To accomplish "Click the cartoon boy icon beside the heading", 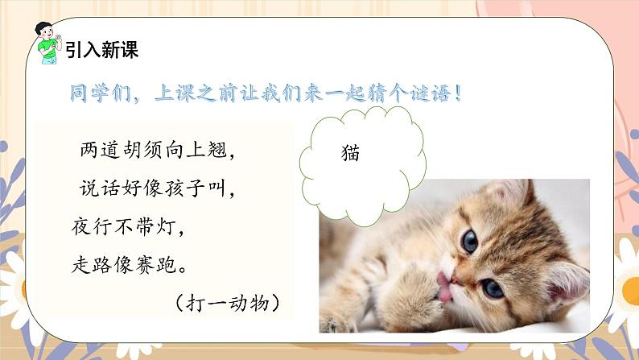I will [x=48, y=44].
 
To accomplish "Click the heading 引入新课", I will [x=101, y=49].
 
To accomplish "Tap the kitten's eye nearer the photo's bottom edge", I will [x=493, y=288].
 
